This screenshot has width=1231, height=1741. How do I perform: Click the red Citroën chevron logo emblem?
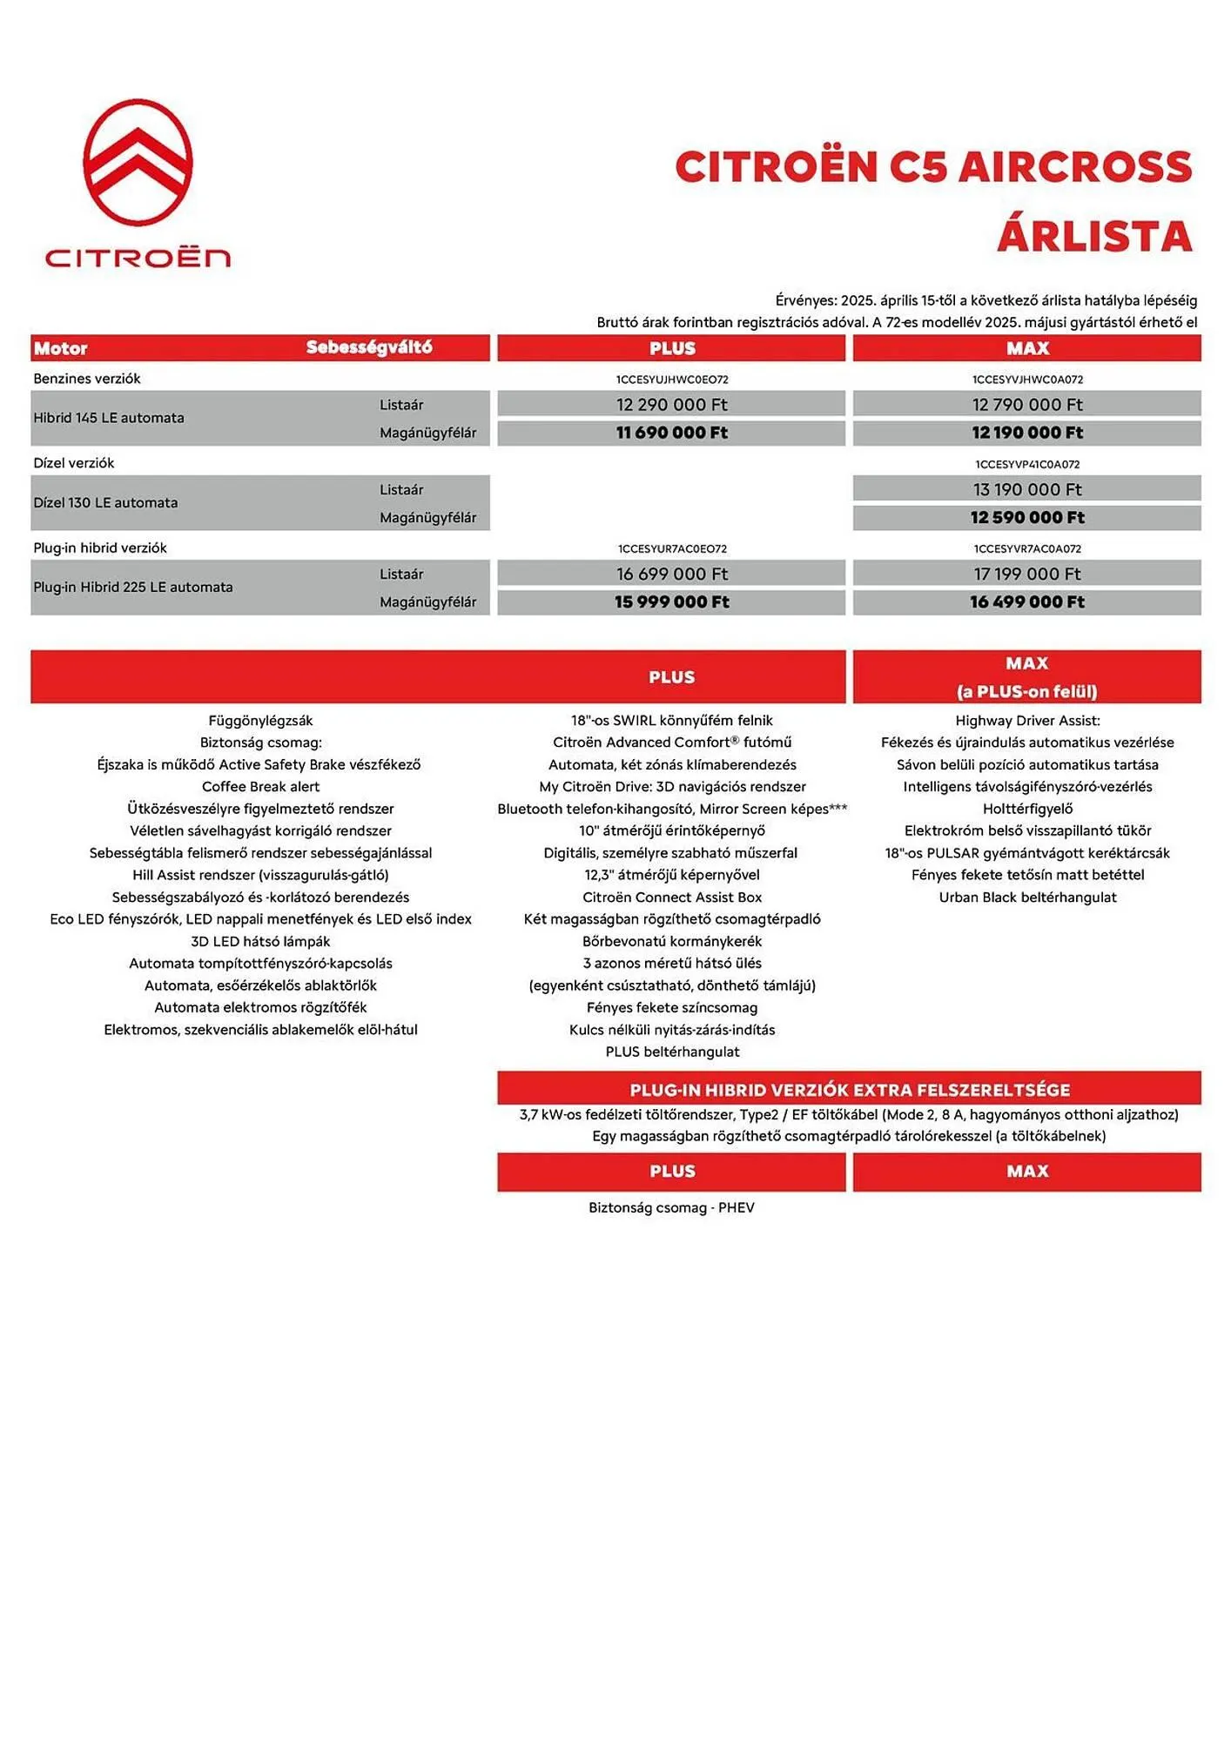(138, 163)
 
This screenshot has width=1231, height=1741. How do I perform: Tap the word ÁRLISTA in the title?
(1093, 237)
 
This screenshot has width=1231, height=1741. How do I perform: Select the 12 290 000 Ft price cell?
(671, 405)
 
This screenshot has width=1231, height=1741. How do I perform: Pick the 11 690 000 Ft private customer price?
(671, 433)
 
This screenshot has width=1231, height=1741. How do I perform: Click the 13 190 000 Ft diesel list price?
(1027, 489)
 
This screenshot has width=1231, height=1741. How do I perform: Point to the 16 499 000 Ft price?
(1027, 602)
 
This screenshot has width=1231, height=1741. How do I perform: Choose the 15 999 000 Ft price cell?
(671, 602)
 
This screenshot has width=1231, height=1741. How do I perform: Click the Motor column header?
(61, 348)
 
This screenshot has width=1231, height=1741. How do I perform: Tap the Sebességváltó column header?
(369, 347)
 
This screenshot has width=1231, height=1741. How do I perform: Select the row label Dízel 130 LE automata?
(105, 502)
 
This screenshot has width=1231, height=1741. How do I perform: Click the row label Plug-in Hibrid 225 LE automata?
(133, 587)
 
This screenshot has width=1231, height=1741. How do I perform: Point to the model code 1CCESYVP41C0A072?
(1027, 464)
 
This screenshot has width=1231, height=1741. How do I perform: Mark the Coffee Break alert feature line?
(260, 786)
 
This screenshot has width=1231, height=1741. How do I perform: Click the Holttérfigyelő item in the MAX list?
(1027, 809)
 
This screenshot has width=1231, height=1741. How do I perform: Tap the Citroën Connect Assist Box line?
(671, 897)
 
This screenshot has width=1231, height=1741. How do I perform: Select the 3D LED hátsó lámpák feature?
(260, 941)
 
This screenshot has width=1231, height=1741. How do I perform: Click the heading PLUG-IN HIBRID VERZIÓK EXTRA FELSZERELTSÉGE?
(850, 1089)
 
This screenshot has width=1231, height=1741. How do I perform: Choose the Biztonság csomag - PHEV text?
(671, 1207)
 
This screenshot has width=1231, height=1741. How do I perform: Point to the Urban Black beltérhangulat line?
(1027, 897)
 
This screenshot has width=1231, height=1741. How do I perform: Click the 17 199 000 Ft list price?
(1027, 574)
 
